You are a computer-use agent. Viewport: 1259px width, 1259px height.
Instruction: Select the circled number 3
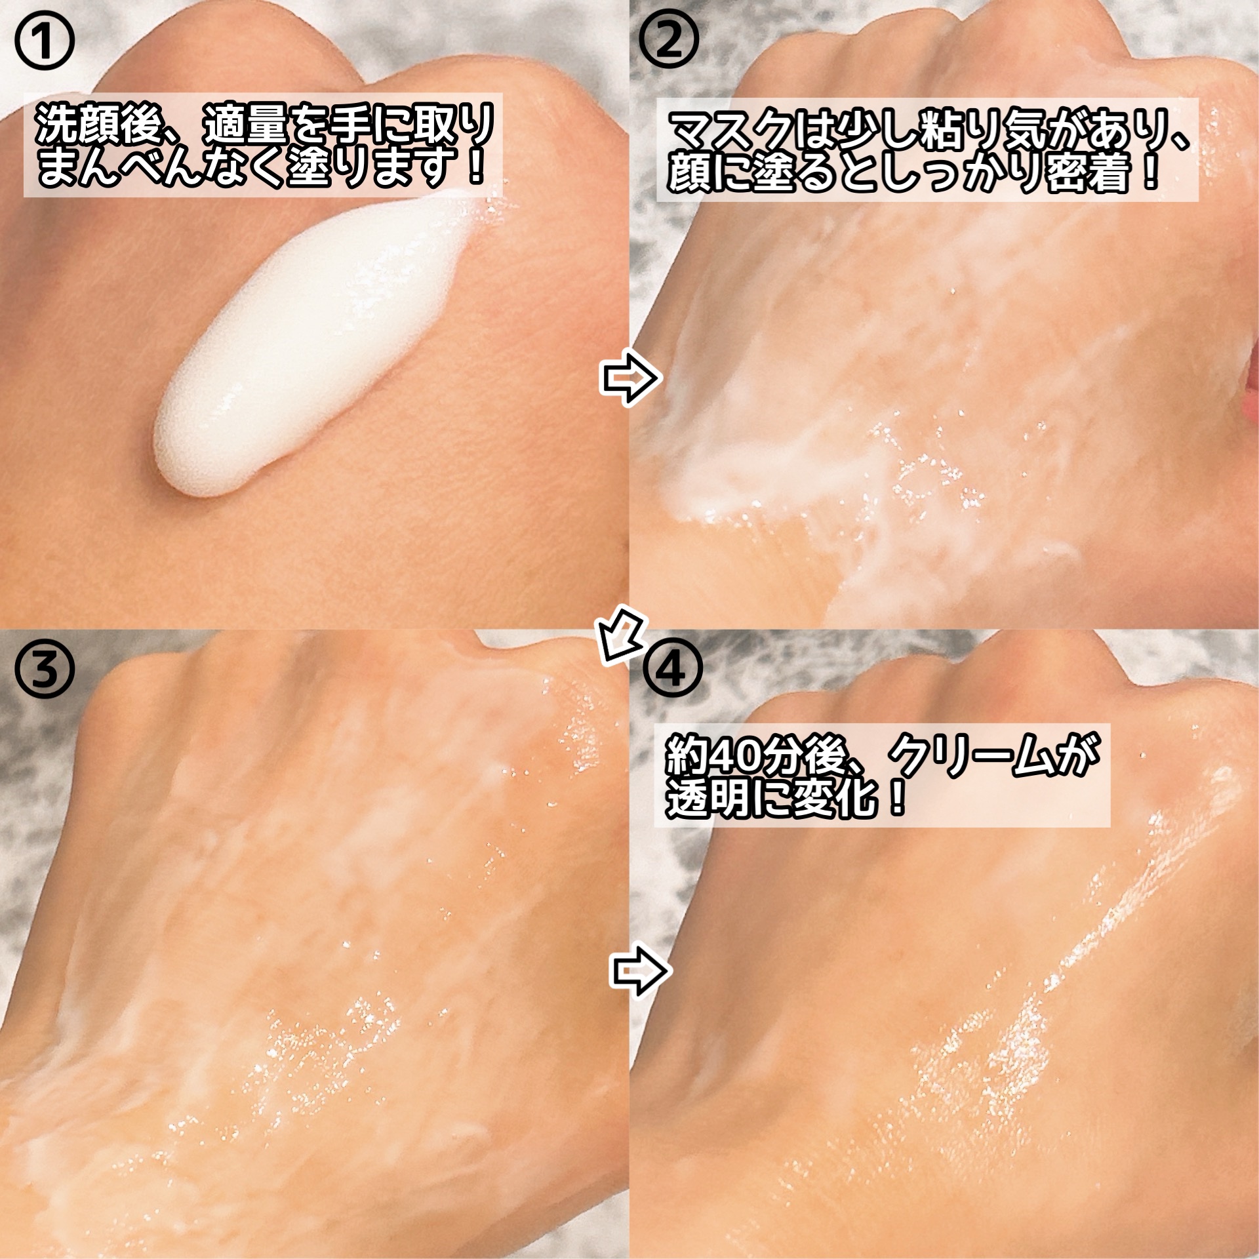pyautogui.click(x=45, y=671)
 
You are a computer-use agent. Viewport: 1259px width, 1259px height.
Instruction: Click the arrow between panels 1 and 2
pyautogui.click(x=629, y=379)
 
